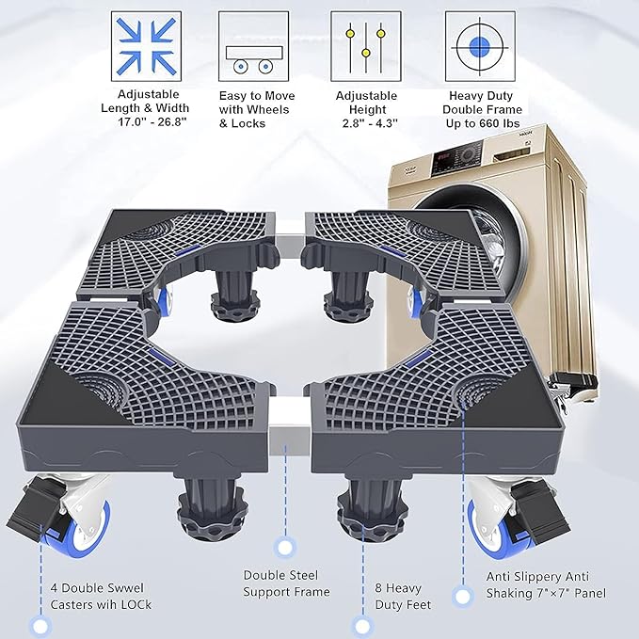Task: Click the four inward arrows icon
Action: click(x=146, y=46)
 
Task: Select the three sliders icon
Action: click(x=366, y=46)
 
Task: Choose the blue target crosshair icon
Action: click(x=480, y=46)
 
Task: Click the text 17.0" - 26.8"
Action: click(x=152, y=121)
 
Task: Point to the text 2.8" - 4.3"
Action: click(x=370, y=122)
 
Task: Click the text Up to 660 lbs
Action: click(x=483, y=123)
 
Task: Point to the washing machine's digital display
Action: click(x=443, y=155)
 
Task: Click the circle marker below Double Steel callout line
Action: click(x=285, y=548)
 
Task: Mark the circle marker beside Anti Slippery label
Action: click(x=462, y=597)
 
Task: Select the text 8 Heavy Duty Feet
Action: click(x=403, y=597)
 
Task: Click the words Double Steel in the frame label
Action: click(x=280, y=575)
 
